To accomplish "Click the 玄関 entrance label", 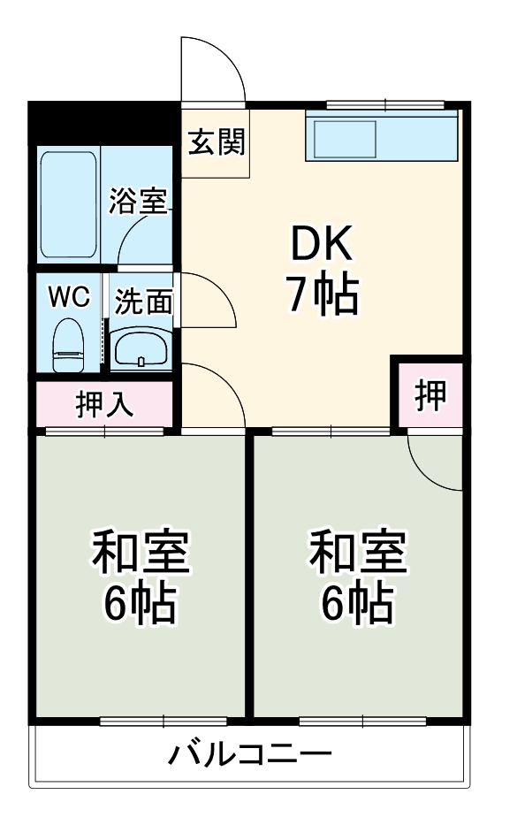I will pyautogui.click(x=215, y=142).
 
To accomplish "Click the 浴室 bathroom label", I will pyautogui.click(x=138, y=202).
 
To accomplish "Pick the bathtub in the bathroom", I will pyautogui.click(x=68, y=203).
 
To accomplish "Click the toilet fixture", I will pyautogui.click(x=67, y=345).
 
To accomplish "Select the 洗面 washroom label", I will pyautogui.click(x=143, y=302).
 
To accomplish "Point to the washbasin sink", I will pyautogui.click(x=141, y=348).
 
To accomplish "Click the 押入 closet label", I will pyautogui.click(x=105, y=404).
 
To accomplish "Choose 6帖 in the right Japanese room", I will pyautogui.click(x=357, y=605).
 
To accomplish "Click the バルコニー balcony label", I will pyautogui.click(x=250, y=755).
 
